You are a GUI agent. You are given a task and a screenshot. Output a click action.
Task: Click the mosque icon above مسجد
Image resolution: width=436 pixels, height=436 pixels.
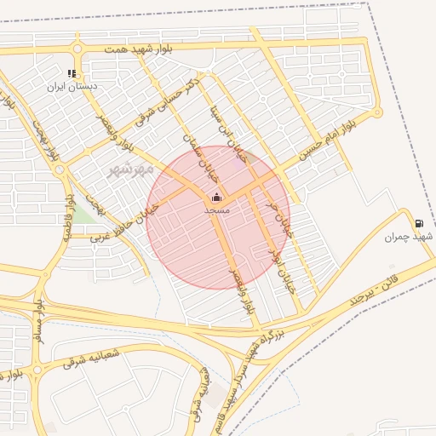tap(215, 198)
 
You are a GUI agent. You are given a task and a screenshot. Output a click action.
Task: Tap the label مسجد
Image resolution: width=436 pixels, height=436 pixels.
tap(215, 209)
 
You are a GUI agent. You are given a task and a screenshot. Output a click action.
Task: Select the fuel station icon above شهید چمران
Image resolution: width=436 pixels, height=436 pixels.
tap(419, 224)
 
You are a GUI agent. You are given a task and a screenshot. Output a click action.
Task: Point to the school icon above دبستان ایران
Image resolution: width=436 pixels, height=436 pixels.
tap(72, 73)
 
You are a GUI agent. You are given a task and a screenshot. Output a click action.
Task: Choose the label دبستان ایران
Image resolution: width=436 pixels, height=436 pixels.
tap(72, 86)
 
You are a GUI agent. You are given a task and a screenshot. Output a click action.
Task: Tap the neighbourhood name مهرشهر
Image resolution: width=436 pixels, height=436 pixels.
tap(131, 169)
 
